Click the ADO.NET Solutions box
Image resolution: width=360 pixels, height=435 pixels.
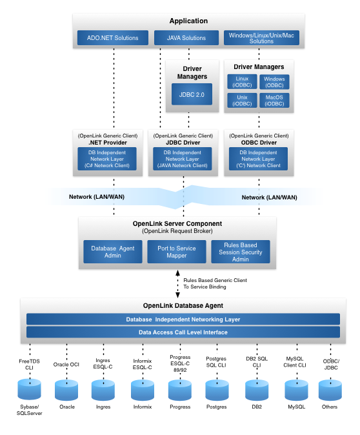[113, 38]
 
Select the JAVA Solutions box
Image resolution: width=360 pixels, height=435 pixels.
[186, 38]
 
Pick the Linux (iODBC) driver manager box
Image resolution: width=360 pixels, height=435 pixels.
[242, 82]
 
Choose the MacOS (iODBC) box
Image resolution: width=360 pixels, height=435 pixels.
[274, 101]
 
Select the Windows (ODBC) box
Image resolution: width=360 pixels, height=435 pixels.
[274, 82]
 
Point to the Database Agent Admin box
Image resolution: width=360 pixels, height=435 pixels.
[113, 251]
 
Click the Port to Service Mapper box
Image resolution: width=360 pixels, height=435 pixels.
[176, 251]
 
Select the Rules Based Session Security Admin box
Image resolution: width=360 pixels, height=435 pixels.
[241, 251]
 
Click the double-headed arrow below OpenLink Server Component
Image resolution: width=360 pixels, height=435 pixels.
[177, 283]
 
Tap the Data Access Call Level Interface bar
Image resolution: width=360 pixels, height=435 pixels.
[183, 332]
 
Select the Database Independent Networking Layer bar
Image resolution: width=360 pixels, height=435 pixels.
[183, 319]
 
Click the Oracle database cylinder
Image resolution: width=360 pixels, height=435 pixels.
[67, 390]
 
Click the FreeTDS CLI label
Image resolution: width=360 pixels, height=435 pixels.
[30, 365]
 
